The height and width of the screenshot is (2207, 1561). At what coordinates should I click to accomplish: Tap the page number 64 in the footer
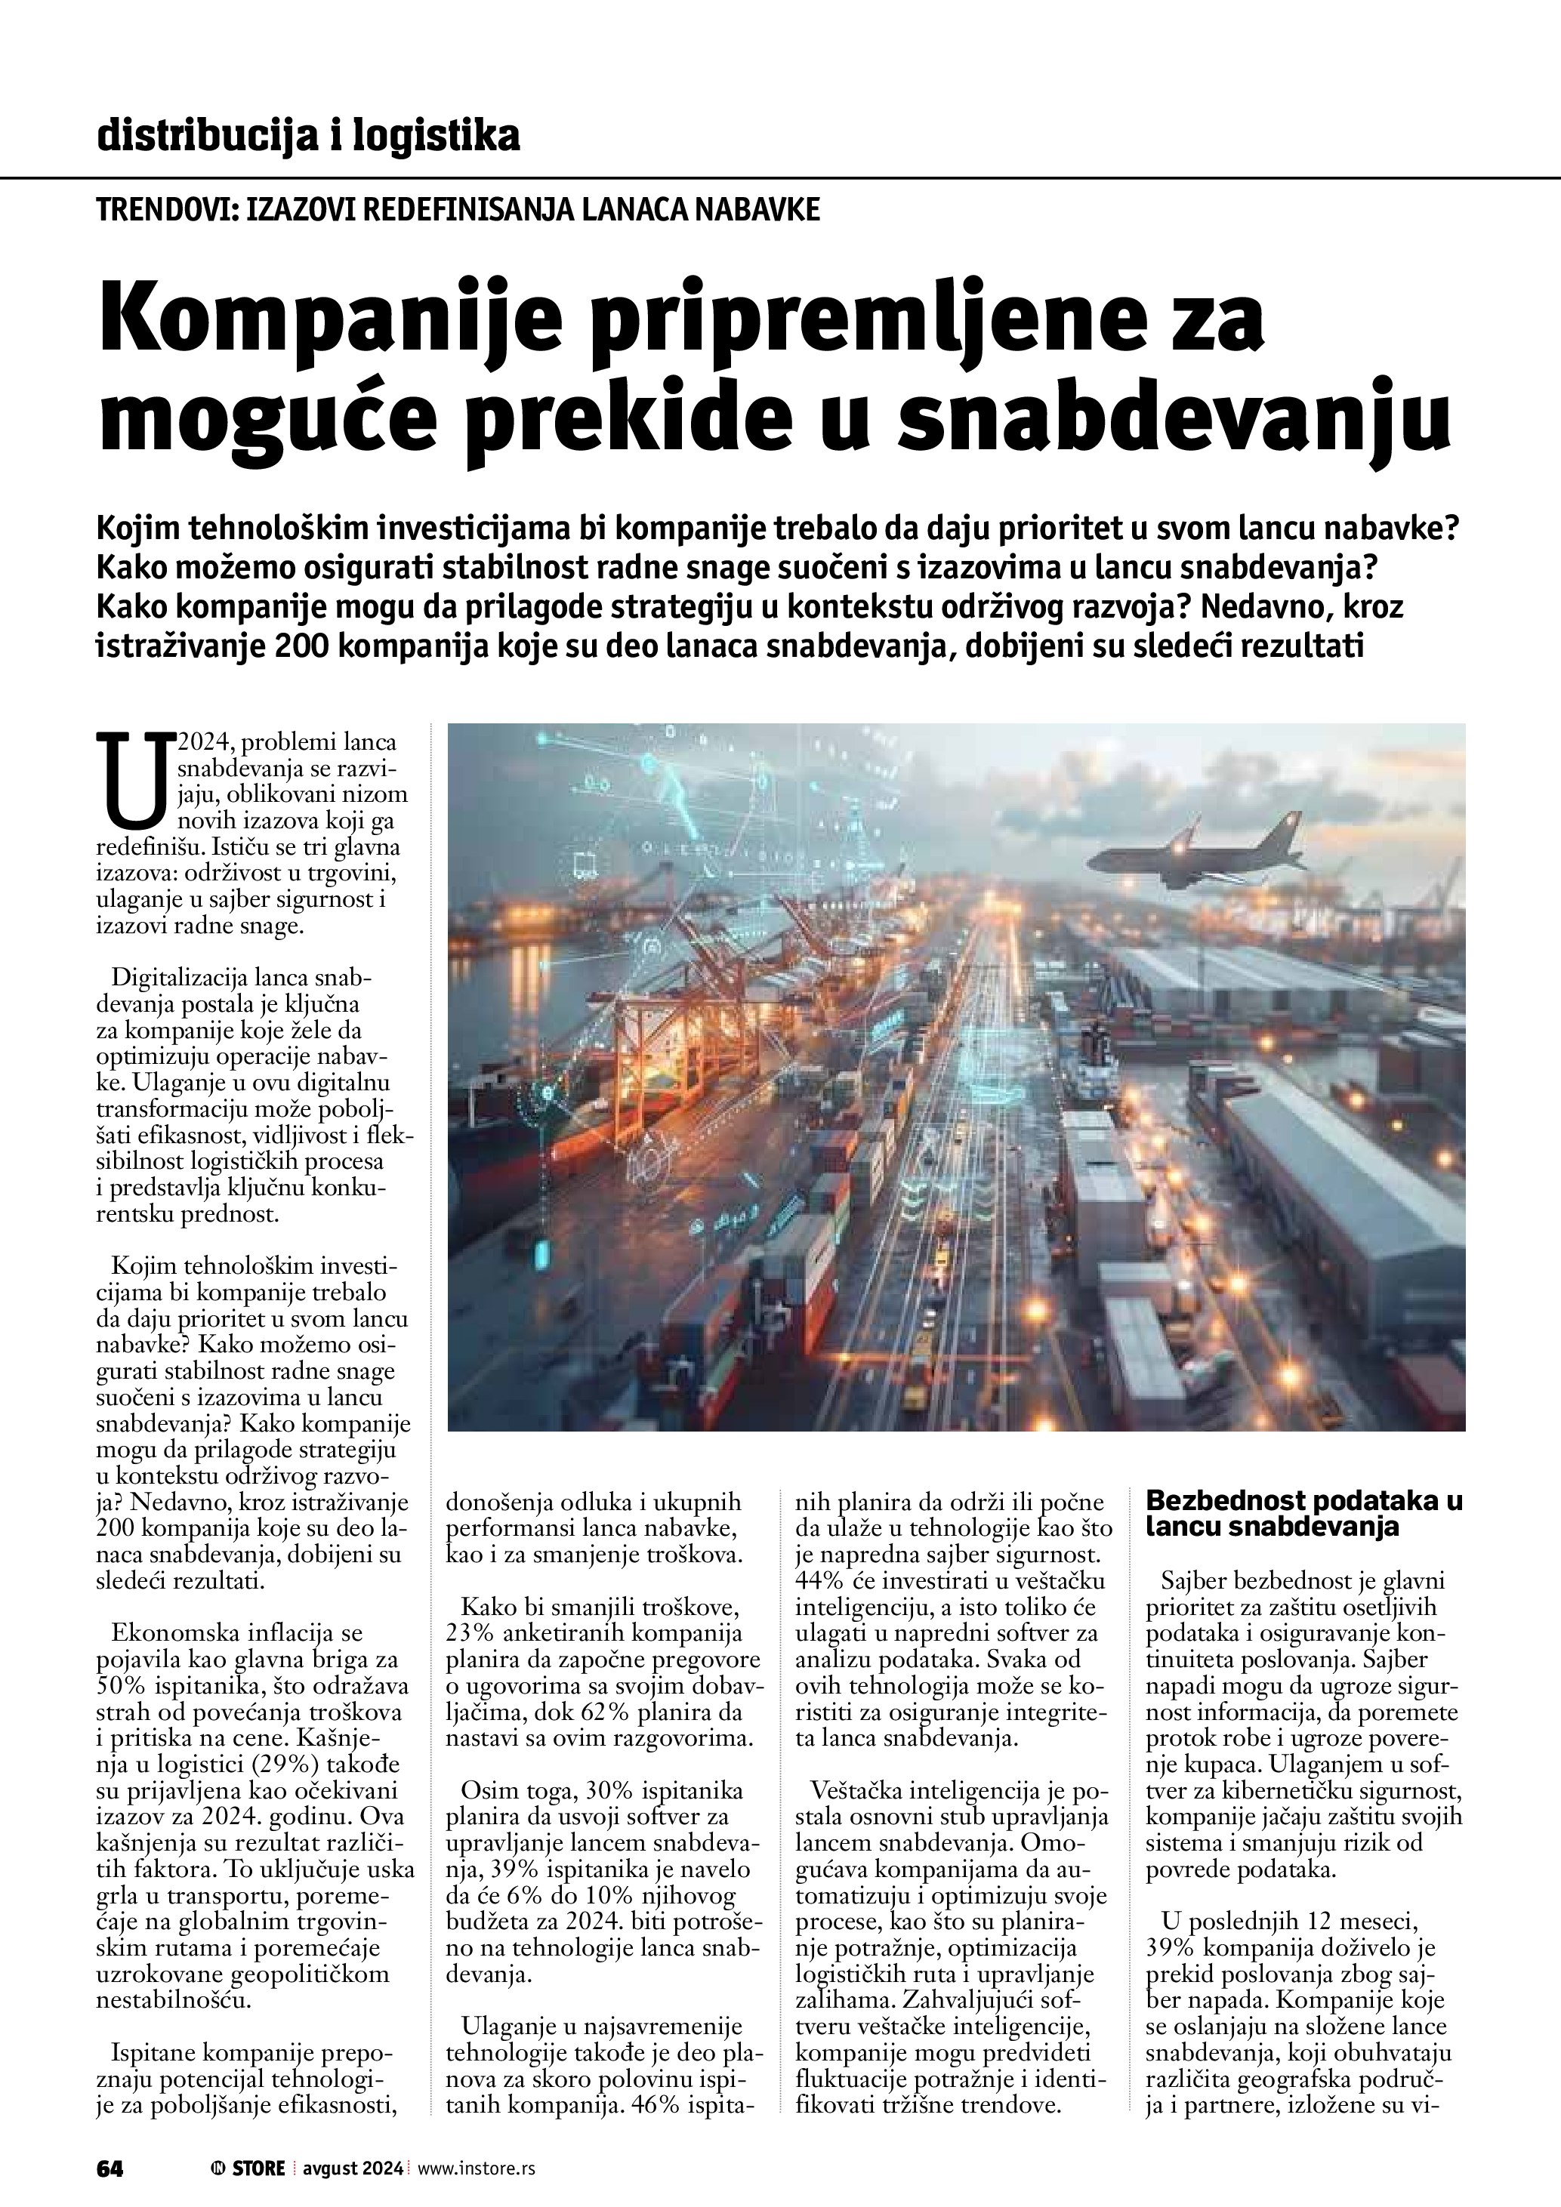110,2168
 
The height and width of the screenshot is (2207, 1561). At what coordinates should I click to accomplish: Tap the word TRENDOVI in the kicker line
165,210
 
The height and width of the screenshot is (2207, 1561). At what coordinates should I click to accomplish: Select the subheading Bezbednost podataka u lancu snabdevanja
1303,1513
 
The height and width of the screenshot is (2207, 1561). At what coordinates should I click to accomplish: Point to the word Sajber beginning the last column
1195,1580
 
